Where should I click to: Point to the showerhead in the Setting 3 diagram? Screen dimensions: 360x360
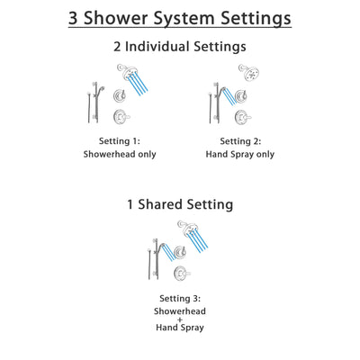pyautogui.click(x=187, y=227)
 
